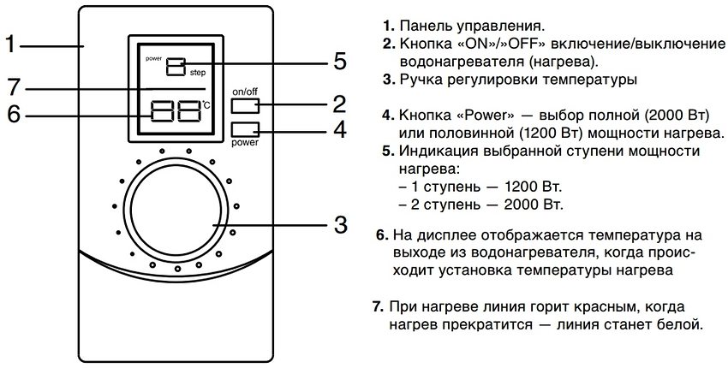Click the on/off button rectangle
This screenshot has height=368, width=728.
tap(245, 105)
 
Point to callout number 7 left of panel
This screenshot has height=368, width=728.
tap(11, 86)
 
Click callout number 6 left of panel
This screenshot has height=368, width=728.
tap(11, 114)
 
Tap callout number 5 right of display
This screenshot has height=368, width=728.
tap(340, 61)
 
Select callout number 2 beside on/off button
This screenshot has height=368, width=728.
tap(340, 104)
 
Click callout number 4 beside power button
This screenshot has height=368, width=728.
tap(340, 131)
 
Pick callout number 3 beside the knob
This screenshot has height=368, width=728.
tap(340, 225)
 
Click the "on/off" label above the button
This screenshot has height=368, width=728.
tap(245, 90)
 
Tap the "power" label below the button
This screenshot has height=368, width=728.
tap(245, 143)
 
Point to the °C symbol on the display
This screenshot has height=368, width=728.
tap(206, 106)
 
